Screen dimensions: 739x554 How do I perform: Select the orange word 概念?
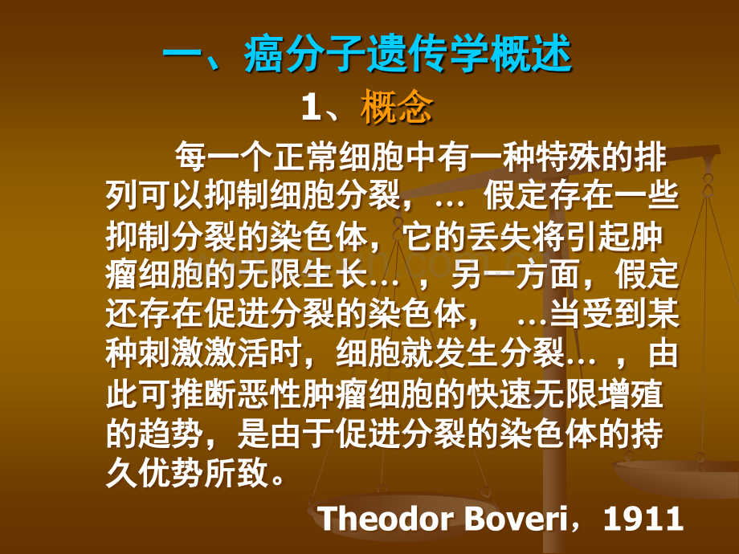tap(396, 107)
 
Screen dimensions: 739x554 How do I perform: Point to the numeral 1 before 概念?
tap(311, 108)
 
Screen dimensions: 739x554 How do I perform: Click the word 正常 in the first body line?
tap(304, 157)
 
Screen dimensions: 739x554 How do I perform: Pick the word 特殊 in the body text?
tap(567, 157)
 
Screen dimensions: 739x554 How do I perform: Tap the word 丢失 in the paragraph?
tap(501, 237)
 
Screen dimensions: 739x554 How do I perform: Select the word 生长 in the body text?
tap(336, 275)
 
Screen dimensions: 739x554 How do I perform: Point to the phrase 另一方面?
tap(516, 275)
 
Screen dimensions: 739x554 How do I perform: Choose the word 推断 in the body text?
tap(204, 394)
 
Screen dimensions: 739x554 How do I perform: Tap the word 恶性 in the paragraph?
tap(270, 394)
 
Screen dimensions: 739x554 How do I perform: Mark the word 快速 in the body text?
tap(501, 394)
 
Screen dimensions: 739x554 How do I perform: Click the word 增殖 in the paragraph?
tap(631, 394)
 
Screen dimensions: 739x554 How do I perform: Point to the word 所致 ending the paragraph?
tap(237, 473)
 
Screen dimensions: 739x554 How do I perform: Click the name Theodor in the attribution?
tap(385, 518)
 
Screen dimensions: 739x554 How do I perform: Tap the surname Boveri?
tap(515, 518)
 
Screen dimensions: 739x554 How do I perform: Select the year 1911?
tap(643, 518)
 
